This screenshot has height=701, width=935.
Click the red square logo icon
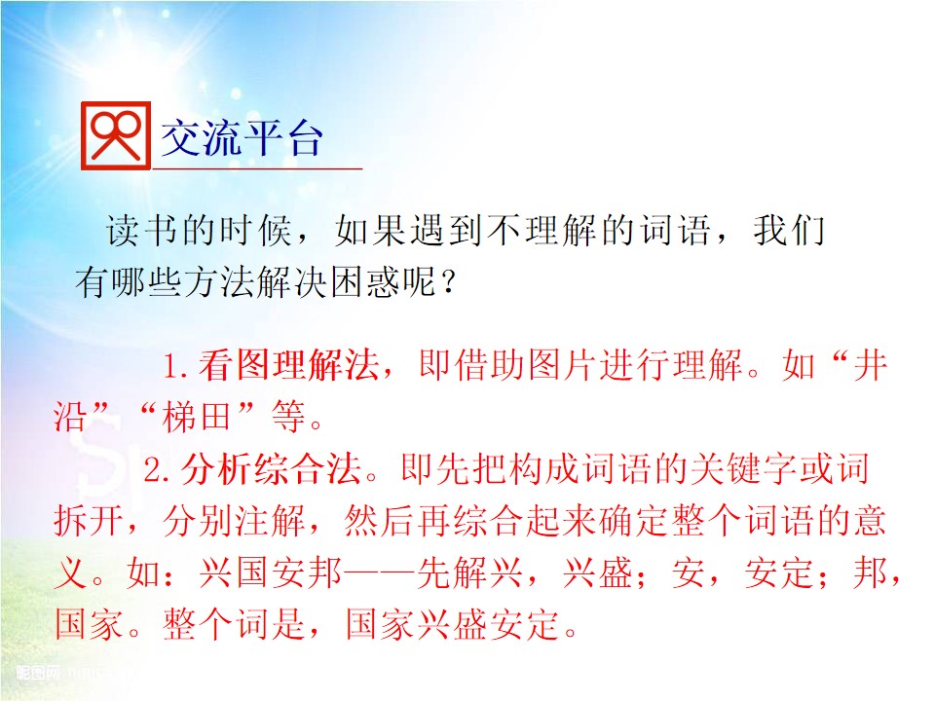116,136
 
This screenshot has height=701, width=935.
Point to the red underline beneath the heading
257,168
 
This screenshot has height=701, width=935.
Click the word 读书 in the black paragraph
143,231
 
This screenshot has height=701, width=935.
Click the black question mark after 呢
448,282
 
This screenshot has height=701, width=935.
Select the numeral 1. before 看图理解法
176,366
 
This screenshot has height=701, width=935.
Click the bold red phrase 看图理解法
289,364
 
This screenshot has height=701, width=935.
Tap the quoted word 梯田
196,416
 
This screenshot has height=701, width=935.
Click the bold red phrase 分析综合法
272,469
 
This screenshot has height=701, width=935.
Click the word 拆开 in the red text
89,520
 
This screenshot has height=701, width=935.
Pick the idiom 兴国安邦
271,572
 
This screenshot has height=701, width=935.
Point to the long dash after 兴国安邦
379,573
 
